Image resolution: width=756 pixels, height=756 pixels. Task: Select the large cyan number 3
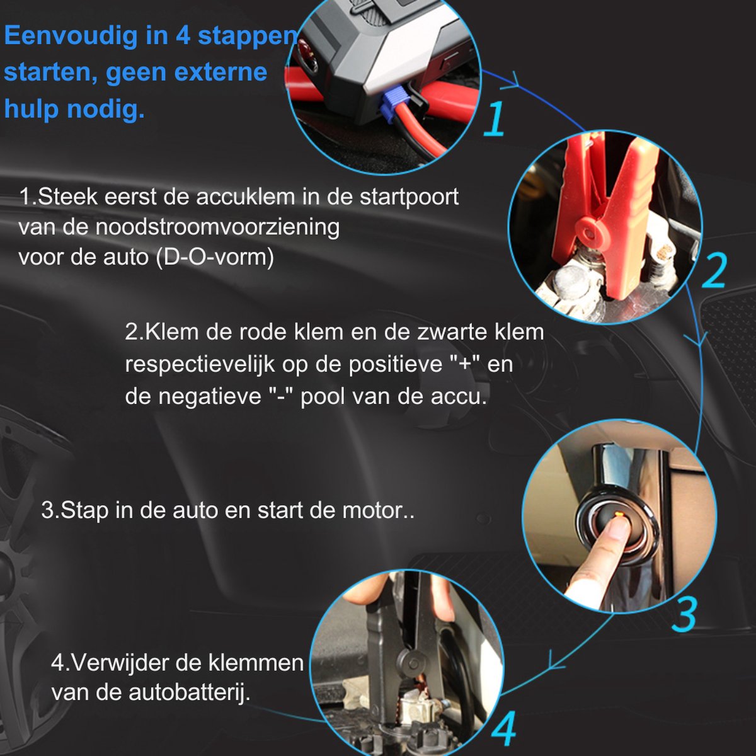[x=685, y=614]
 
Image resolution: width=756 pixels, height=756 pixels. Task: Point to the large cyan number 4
[x=505, y=728]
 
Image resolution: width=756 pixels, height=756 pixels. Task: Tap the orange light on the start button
[x=619, y=524]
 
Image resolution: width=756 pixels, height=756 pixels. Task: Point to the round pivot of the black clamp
[x=411, y=663]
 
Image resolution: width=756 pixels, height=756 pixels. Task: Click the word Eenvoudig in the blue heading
[x=71, y=36]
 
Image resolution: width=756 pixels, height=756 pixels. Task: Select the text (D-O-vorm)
[x=215, y=257]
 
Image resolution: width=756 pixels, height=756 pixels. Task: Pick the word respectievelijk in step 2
[x=200, y=365]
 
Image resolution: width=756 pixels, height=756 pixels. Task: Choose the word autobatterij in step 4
[x=189, y=692]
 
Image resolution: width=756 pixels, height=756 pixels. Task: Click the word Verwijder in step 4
[x=121, y=663]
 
